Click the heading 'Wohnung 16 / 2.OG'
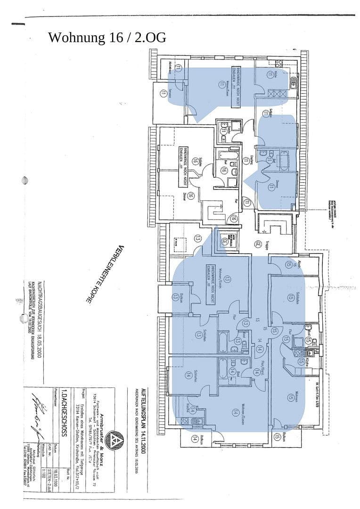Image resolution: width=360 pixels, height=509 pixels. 107,38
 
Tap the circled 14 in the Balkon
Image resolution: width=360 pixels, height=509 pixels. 195,439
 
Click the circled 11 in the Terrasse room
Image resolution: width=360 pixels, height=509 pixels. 163,94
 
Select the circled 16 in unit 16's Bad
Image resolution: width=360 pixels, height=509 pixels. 224,170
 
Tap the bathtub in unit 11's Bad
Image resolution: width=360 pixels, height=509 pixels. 283,160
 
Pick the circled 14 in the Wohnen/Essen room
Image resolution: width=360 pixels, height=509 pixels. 235,412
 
